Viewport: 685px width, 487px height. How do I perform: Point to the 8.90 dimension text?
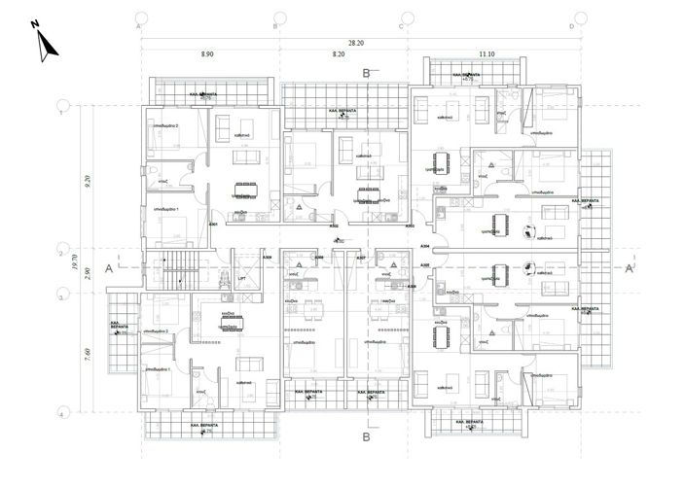point(208,57)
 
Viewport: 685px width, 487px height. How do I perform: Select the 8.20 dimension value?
point(340,57)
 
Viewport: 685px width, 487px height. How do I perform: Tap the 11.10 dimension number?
point(487,57)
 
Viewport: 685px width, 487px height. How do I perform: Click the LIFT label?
point(241,278)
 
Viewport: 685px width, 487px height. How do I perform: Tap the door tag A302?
point(334,238)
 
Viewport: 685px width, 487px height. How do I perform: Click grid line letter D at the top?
point(571,26)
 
